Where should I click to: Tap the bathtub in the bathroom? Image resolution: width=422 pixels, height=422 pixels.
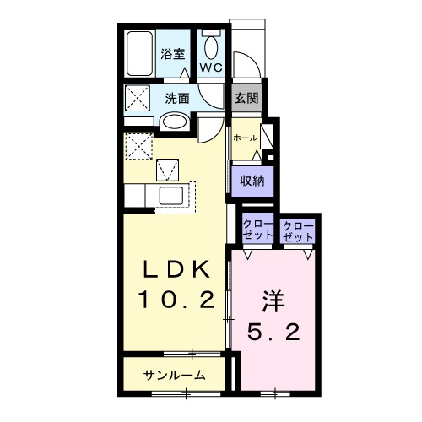(140, 54)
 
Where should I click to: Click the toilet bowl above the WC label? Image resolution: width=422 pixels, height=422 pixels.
(210, 44)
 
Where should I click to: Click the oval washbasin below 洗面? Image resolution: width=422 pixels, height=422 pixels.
(175, 122)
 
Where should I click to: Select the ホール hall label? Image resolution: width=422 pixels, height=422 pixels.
(244, 137)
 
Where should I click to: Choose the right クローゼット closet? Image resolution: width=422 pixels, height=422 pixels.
(297, 231)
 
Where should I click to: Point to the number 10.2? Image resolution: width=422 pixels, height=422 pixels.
(174, 299)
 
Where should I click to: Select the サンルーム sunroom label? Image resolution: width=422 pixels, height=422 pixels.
(174, 376)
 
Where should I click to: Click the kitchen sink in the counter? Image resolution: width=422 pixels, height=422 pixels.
(176, 197)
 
